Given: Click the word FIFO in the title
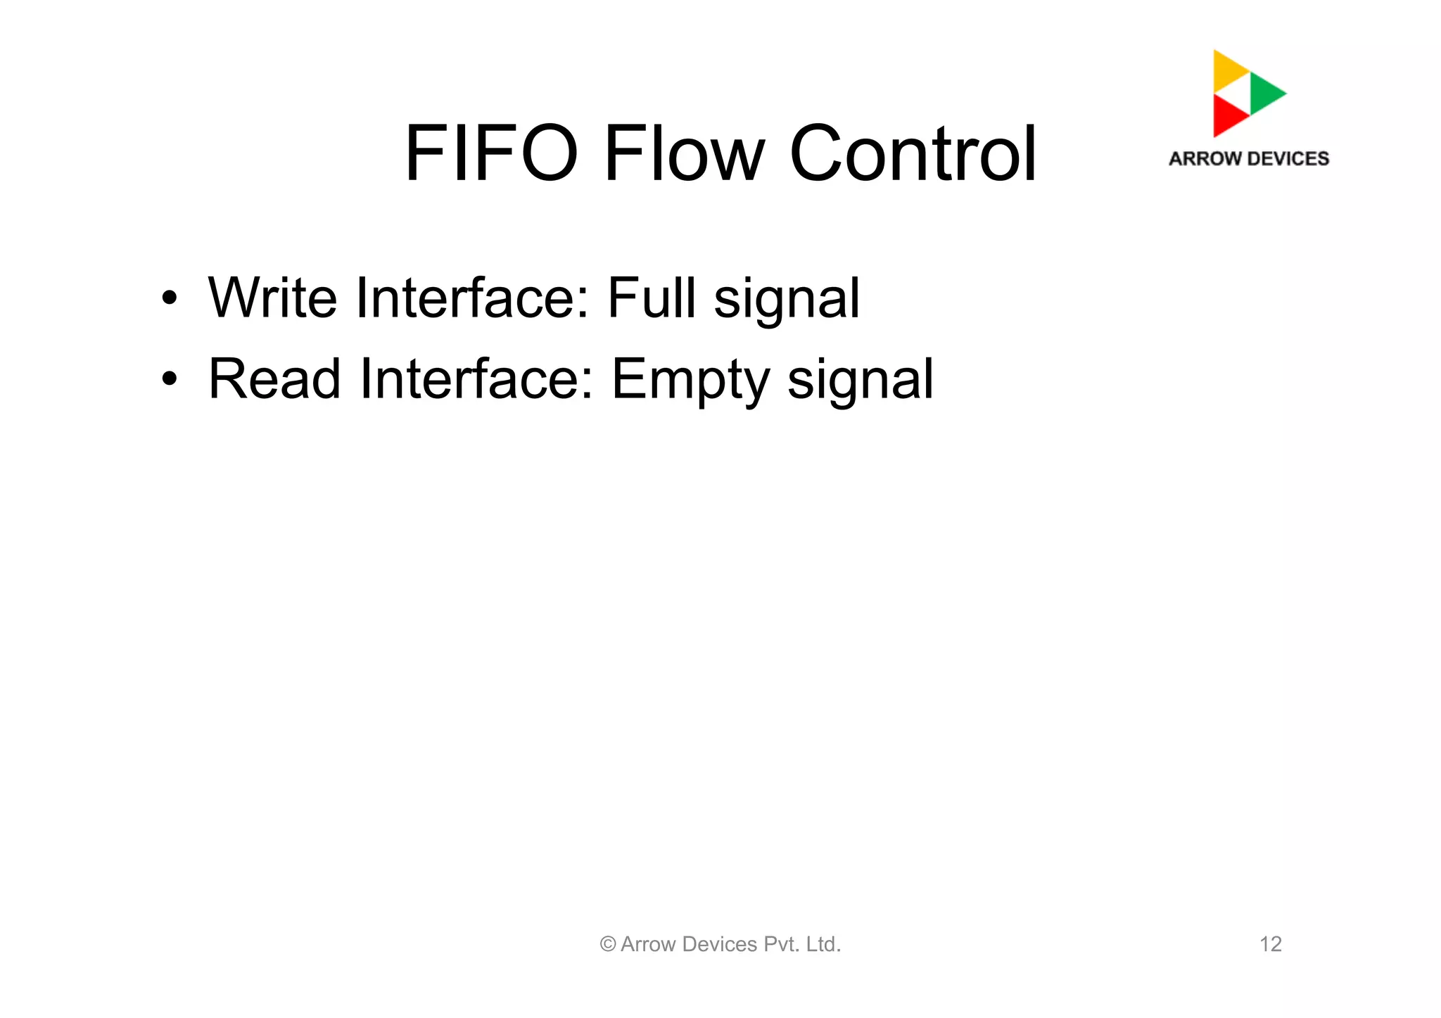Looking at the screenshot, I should [491, 153].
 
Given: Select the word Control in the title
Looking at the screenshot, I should [913, 153].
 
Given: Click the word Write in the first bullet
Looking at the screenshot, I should [272, 298].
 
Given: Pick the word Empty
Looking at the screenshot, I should [690, 380].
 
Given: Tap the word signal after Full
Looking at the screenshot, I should [787, 299].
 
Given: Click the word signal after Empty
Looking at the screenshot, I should [860, 380].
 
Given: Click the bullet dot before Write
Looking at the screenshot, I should [169, 298].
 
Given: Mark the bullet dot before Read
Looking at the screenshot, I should [169, 379].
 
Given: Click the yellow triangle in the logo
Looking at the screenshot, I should [1228, 70].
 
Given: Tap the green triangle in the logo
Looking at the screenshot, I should [1265, 93].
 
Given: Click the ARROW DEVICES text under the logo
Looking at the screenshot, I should [1249, 159].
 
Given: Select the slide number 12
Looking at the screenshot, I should [1270, 944].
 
